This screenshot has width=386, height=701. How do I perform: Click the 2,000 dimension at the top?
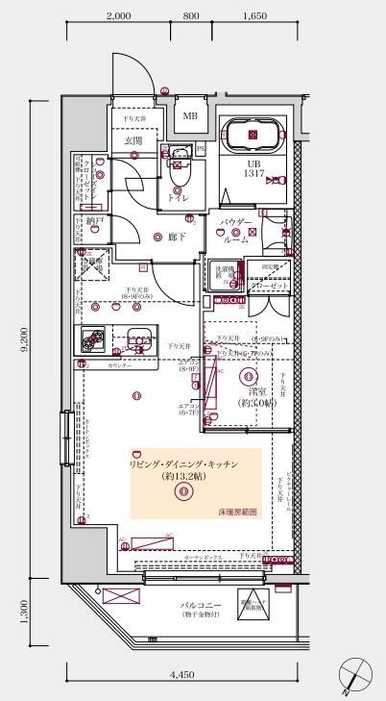[x=118, y=16]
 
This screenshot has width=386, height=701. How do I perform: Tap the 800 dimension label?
[x=190, y=16]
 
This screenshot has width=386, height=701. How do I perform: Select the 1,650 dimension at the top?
[x=254, y=16]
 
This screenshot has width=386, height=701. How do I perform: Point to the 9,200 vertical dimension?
[x=22, y=340]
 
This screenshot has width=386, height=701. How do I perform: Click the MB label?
[x=190, y=117]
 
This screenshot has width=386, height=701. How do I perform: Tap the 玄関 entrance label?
[x=133, y=141]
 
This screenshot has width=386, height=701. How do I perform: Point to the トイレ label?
[x=178, y=197]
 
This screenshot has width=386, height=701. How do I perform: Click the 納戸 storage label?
[x=92, y=220]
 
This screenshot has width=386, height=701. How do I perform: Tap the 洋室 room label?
[x=257, y=392]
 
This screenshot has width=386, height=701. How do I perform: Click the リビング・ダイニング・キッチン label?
[x=183, y=464]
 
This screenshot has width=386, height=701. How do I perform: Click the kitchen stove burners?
[x=93, y=339]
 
